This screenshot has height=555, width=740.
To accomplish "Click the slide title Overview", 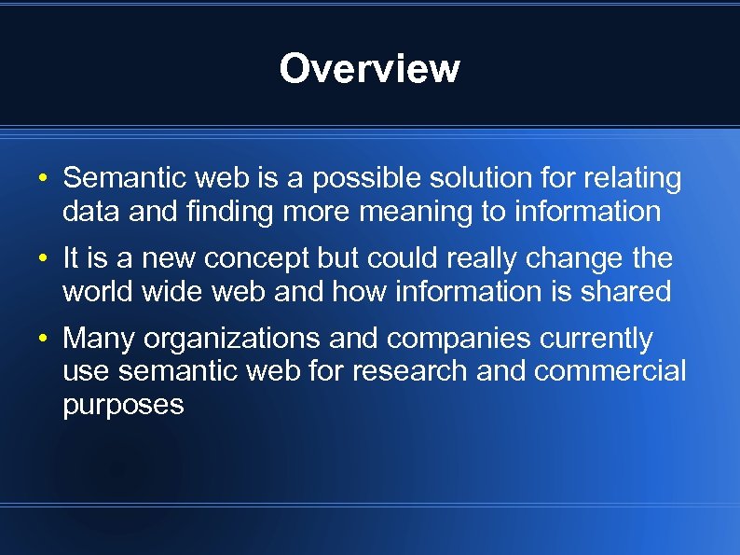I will [x=369, y=69].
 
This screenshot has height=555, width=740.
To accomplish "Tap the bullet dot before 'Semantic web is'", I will [x=44, y=178].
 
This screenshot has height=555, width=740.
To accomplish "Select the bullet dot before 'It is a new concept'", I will [x=44, y=258].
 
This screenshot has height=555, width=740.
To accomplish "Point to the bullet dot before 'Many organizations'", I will [x=44, y=338].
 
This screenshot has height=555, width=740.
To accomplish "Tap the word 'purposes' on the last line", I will [x=123, y=405].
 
